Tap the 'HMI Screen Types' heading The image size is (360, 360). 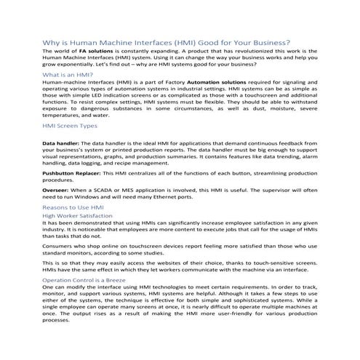71,127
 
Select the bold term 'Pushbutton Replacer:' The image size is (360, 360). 75,175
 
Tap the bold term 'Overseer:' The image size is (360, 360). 57,188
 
